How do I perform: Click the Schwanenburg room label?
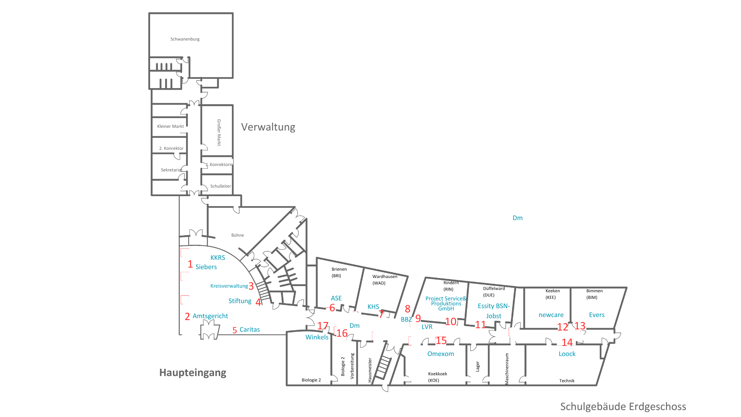click(185, 39)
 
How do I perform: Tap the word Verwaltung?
click(268, 127)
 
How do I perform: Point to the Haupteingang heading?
click(193, 373)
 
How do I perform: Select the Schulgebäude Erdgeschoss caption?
click(623, 407)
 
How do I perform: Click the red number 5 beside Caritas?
click(234, 331)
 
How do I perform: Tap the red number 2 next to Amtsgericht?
click(187, 317)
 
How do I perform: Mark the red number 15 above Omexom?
click(441, 340)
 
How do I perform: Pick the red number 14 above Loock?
click(567, 342)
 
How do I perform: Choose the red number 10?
click(450, 321)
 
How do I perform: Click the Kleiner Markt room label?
click(171, 126)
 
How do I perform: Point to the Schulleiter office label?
click(221, 186)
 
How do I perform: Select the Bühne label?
click(238, 235)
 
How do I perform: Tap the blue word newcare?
click(551, 315)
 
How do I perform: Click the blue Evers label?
click(597, 315)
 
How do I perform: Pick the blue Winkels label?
click(317, 337)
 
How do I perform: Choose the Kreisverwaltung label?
click(229, 286)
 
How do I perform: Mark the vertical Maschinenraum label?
click(507, 369)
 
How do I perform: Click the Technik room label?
click(567, 381)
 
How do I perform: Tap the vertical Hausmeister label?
click(370, 370)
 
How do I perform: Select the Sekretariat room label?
click(171, 170)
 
